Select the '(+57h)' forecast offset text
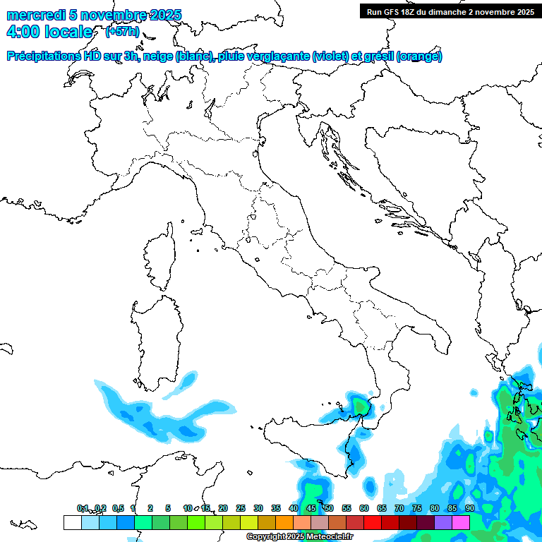click(122, 32)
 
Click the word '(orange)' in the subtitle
click(419, 56)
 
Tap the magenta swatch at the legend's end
click(461, 522)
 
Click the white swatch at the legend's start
click(72, 522)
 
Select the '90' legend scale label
click(469, 508)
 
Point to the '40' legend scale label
click(293, 508)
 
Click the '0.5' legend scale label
click(117, 508)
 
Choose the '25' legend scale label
click(240, 508)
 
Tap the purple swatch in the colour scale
click(443, 522)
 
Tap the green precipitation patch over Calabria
click(361, 406)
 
